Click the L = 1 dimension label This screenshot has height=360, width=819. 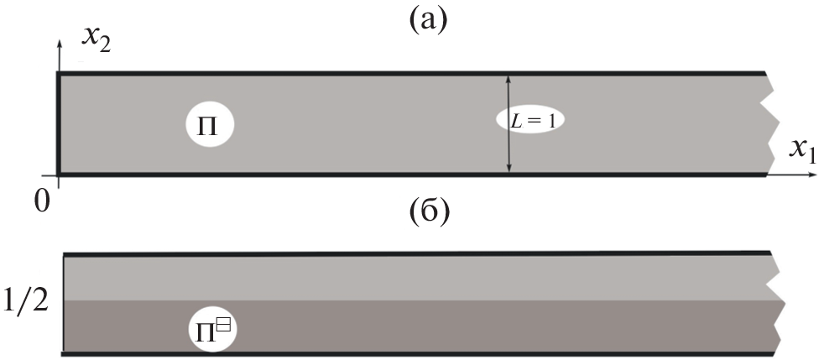[x=530, y=121]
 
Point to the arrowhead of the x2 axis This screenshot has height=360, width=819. [x=58, y=40]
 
